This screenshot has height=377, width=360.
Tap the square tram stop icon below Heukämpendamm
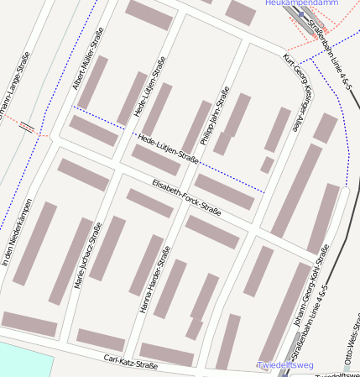coord(301,14)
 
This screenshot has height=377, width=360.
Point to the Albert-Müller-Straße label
coord(90,60)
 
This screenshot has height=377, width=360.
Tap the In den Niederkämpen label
coord(17,233)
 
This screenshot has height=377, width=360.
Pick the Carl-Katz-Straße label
coord(130,363)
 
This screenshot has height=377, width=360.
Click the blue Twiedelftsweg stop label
coord(285,366)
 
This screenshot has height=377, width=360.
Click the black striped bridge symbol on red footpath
coord(28,128)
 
